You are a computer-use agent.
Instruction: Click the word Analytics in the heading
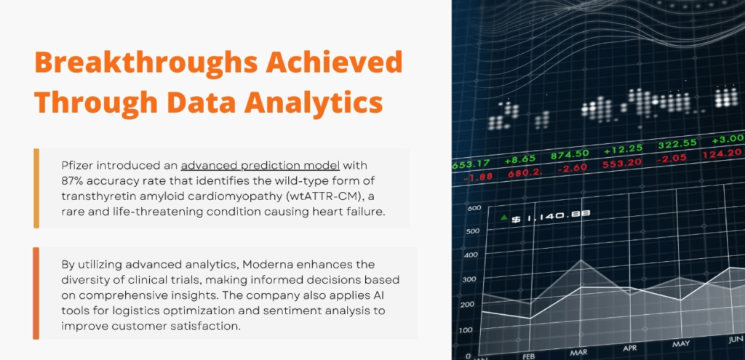point(314,102)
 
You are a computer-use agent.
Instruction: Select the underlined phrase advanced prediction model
point(260,166)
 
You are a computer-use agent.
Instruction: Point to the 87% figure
point(72,181)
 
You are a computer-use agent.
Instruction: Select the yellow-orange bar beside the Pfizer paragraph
point(36,188)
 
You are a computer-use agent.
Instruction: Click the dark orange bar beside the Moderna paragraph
point(36,293)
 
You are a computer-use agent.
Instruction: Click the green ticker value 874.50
point(570,155)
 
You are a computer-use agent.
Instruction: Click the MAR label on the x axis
point(578,353)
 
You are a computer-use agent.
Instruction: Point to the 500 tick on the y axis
point(473,231)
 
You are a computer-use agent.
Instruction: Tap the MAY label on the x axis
point(680,343)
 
